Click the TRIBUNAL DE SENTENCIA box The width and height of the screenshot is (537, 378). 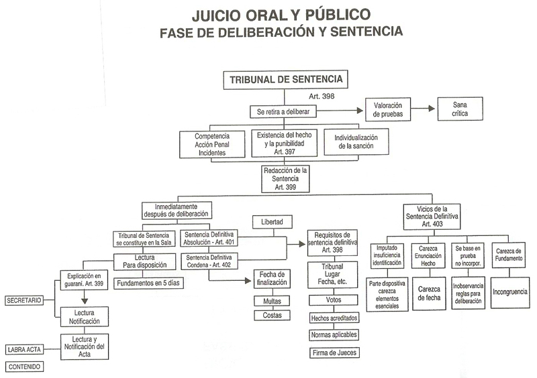[286, 80]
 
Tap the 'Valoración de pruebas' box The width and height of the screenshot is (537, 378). [387, 109]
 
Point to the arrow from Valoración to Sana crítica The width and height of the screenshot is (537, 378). [422, 109]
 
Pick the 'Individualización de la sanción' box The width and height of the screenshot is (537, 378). [356, 142]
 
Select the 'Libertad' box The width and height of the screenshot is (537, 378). [273, 220]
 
